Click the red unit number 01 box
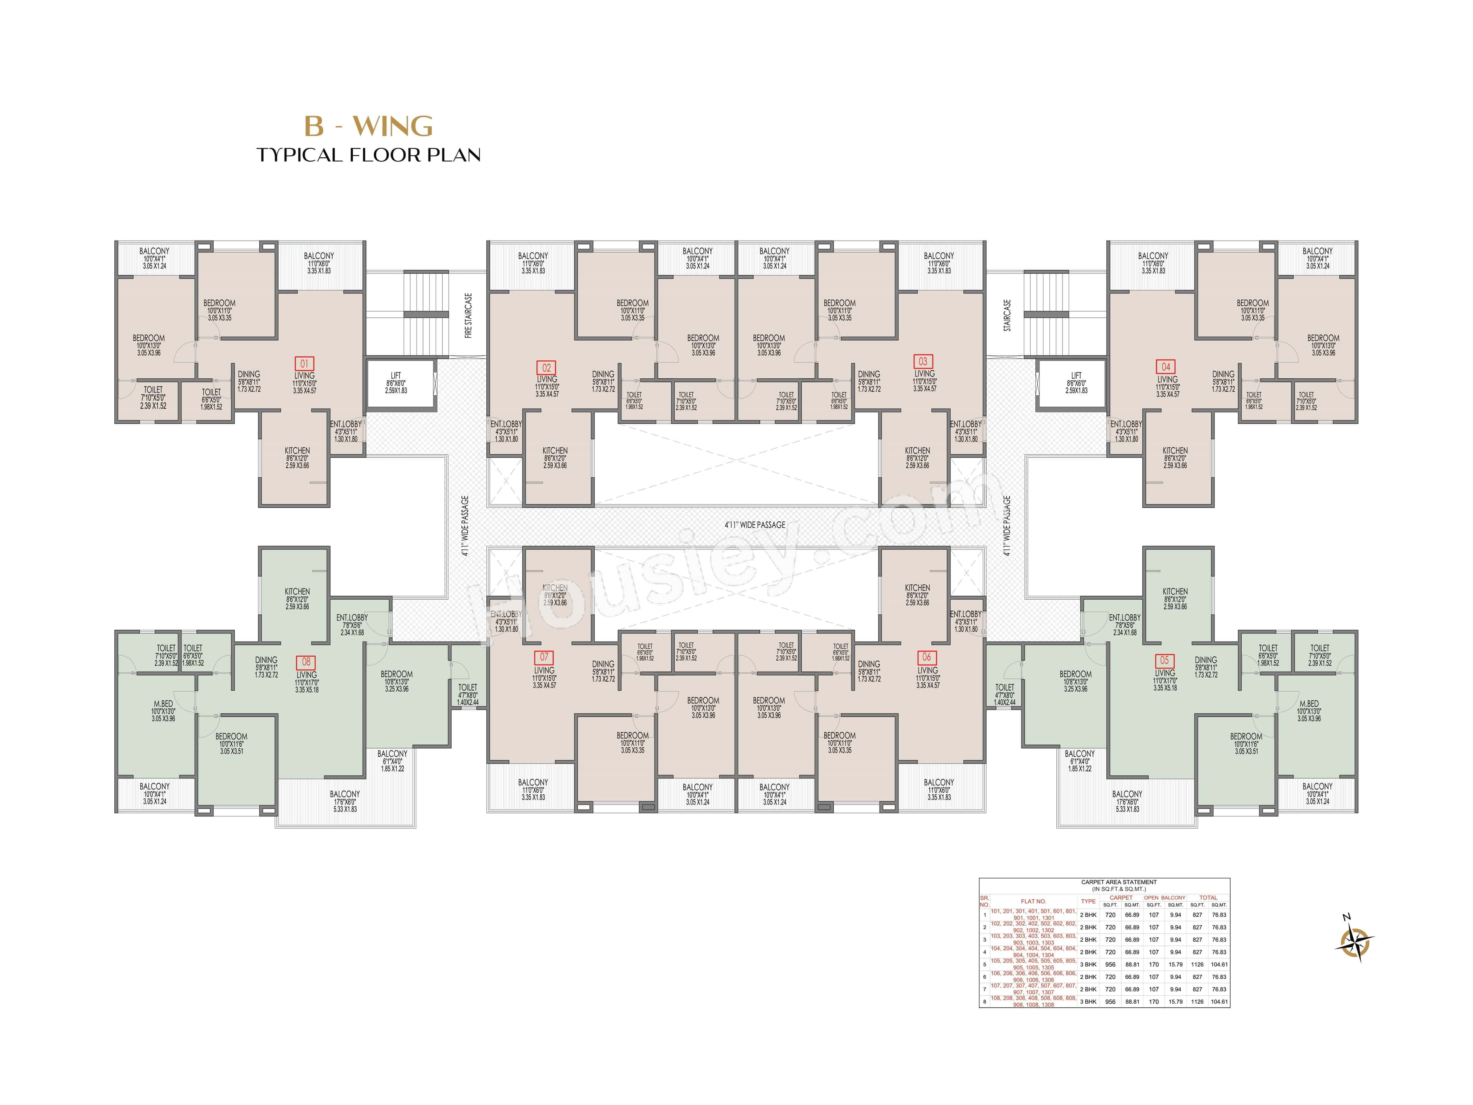click(x=304, y=364)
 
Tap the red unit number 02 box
click(x=546, y=368)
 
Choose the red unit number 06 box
click(x=926, y=657)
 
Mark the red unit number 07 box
click(x=544, y=657)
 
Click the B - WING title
click(x=368, y=126)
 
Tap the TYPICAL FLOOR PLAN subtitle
click(x=368, y=155)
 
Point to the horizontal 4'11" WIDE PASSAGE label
click(x=755, y=525)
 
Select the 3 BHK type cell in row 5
click(x=1088, y=965)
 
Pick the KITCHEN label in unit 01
click(x=297, y=451)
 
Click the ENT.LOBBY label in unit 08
click(x=352, y=617)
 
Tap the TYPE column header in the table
click(x=1088, y=901)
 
